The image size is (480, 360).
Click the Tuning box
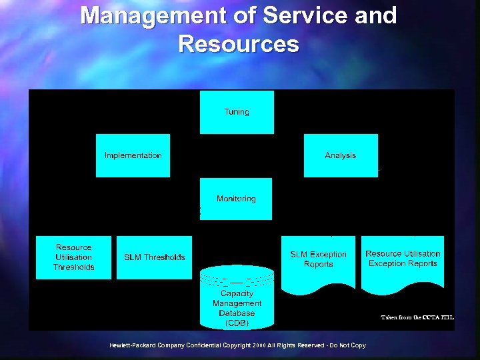237,112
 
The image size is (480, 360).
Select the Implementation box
133,155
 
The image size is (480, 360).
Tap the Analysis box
341,155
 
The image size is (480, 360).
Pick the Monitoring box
236,199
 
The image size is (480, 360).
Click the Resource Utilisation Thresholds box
74,257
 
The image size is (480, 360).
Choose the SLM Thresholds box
154,257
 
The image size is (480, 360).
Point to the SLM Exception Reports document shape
319,260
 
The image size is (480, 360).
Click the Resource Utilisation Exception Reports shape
403,259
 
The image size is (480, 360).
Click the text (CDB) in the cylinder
237,323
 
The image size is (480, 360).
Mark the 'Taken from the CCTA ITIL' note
417,317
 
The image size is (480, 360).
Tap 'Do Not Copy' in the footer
349,345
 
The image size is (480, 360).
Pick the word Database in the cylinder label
237,313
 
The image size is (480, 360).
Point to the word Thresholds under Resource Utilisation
74,267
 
